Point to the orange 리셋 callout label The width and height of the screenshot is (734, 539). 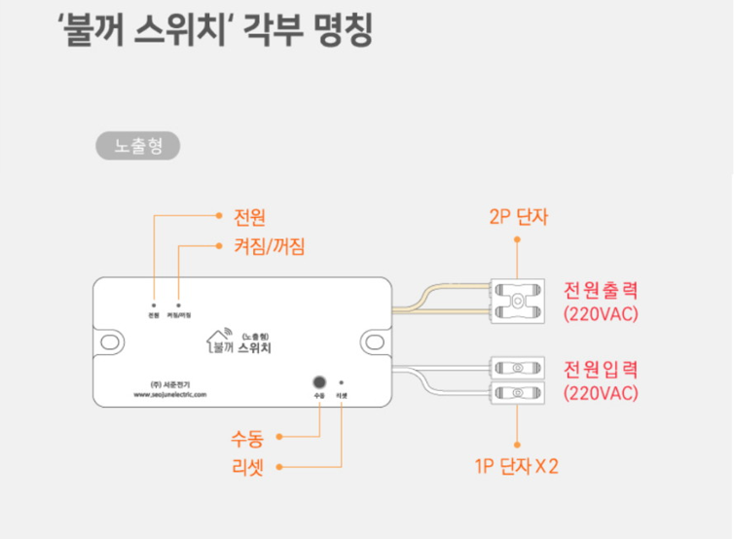coord(247,467)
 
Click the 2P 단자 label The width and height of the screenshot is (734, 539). coord(519,216)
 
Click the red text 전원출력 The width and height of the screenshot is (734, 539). coord(600,291)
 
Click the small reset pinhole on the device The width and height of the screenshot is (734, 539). coord(342,382)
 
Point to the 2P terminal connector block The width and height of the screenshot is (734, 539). coord(517,301)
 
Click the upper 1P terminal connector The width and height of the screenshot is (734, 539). coord(517,368)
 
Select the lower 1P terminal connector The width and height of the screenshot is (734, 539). coord(517,393)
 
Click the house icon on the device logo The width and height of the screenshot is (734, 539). coord(219,338)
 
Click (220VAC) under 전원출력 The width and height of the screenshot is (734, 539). coord(600,314)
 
